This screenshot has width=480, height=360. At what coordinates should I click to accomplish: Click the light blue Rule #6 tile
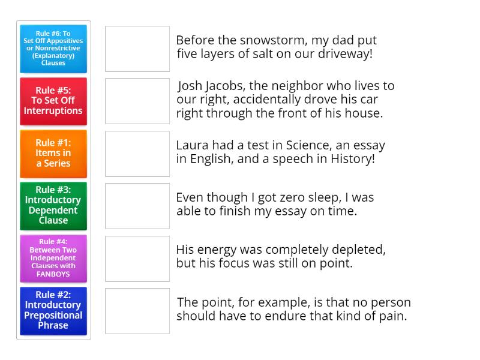(x=53, y=49)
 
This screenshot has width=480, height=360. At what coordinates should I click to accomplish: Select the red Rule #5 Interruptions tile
(x=53, y=101)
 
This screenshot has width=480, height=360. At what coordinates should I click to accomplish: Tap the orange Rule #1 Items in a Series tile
(x=53, y=153)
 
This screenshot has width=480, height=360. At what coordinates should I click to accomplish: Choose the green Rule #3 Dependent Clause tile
(x=53, y=205)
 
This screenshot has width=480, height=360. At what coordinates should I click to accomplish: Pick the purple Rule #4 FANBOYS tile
(x=53, y=258)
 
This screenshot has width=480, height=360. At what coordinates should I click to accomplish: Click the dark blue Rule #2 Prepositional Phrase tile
(x=53, y=310)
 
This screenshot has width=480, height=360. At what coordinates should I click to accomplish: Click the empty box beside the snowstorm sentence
(x=137, y=49)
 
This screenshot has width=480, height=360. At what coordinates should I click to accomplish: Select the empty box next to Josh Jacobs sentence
(x=137, y=101)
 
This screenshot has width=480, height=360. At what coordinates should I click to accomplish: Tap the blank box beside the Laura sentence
(x=137, y=154)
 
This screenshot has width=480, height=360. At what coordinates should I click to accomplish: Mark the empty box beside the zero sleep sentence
(x=137, y=206)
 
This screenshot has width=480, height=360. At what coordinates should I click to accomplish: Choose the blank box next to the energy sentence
(x=137, y=259)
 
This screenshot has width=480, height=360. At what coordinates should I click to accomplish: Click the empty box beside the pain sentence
(x=137, y=311)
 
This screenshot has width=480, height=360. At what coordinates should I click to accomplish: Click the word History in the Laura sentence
(x=353, y=160)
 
